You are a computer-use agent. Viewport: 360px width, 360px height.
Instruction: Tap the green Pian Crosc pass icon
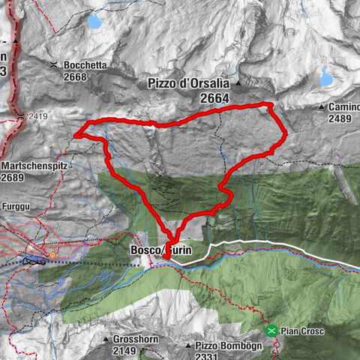tap(271, 330)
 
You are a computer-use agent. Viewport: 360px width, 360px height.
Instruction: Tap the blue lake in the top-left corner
tap(94, 22)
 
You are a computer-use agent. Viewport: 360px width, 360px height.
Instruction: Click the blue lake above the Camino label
tap(326, 77)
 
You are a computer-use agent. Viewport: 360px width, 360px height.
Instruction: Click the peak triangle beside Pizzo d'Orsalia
tap(238, 83)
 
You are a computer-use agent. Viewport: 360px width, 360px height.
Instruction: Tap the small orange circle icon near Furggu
tap(52, 255)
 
